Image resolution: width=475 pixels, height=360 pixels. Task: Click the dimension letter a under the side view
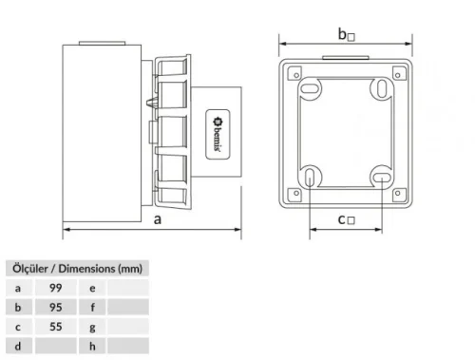click(154, 218)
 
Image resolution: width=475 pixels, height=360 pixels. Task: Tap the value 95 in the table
click(55, 306)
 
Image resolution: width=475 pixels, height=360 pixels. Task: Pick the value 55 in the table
click(55, 326)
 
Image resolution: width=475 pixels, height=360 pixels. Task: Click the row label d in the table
click(17, 346)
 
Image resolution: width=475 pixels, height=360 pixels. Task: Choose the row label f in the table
click(92, 306)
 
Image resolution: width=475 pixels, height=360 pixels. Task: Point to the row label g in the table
click(92, 326)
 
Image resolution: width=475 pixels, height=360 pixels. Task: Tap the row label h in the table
click(92, 346)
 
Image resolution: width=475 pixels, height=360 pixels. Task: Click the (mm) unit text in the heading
click(129, 268)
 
